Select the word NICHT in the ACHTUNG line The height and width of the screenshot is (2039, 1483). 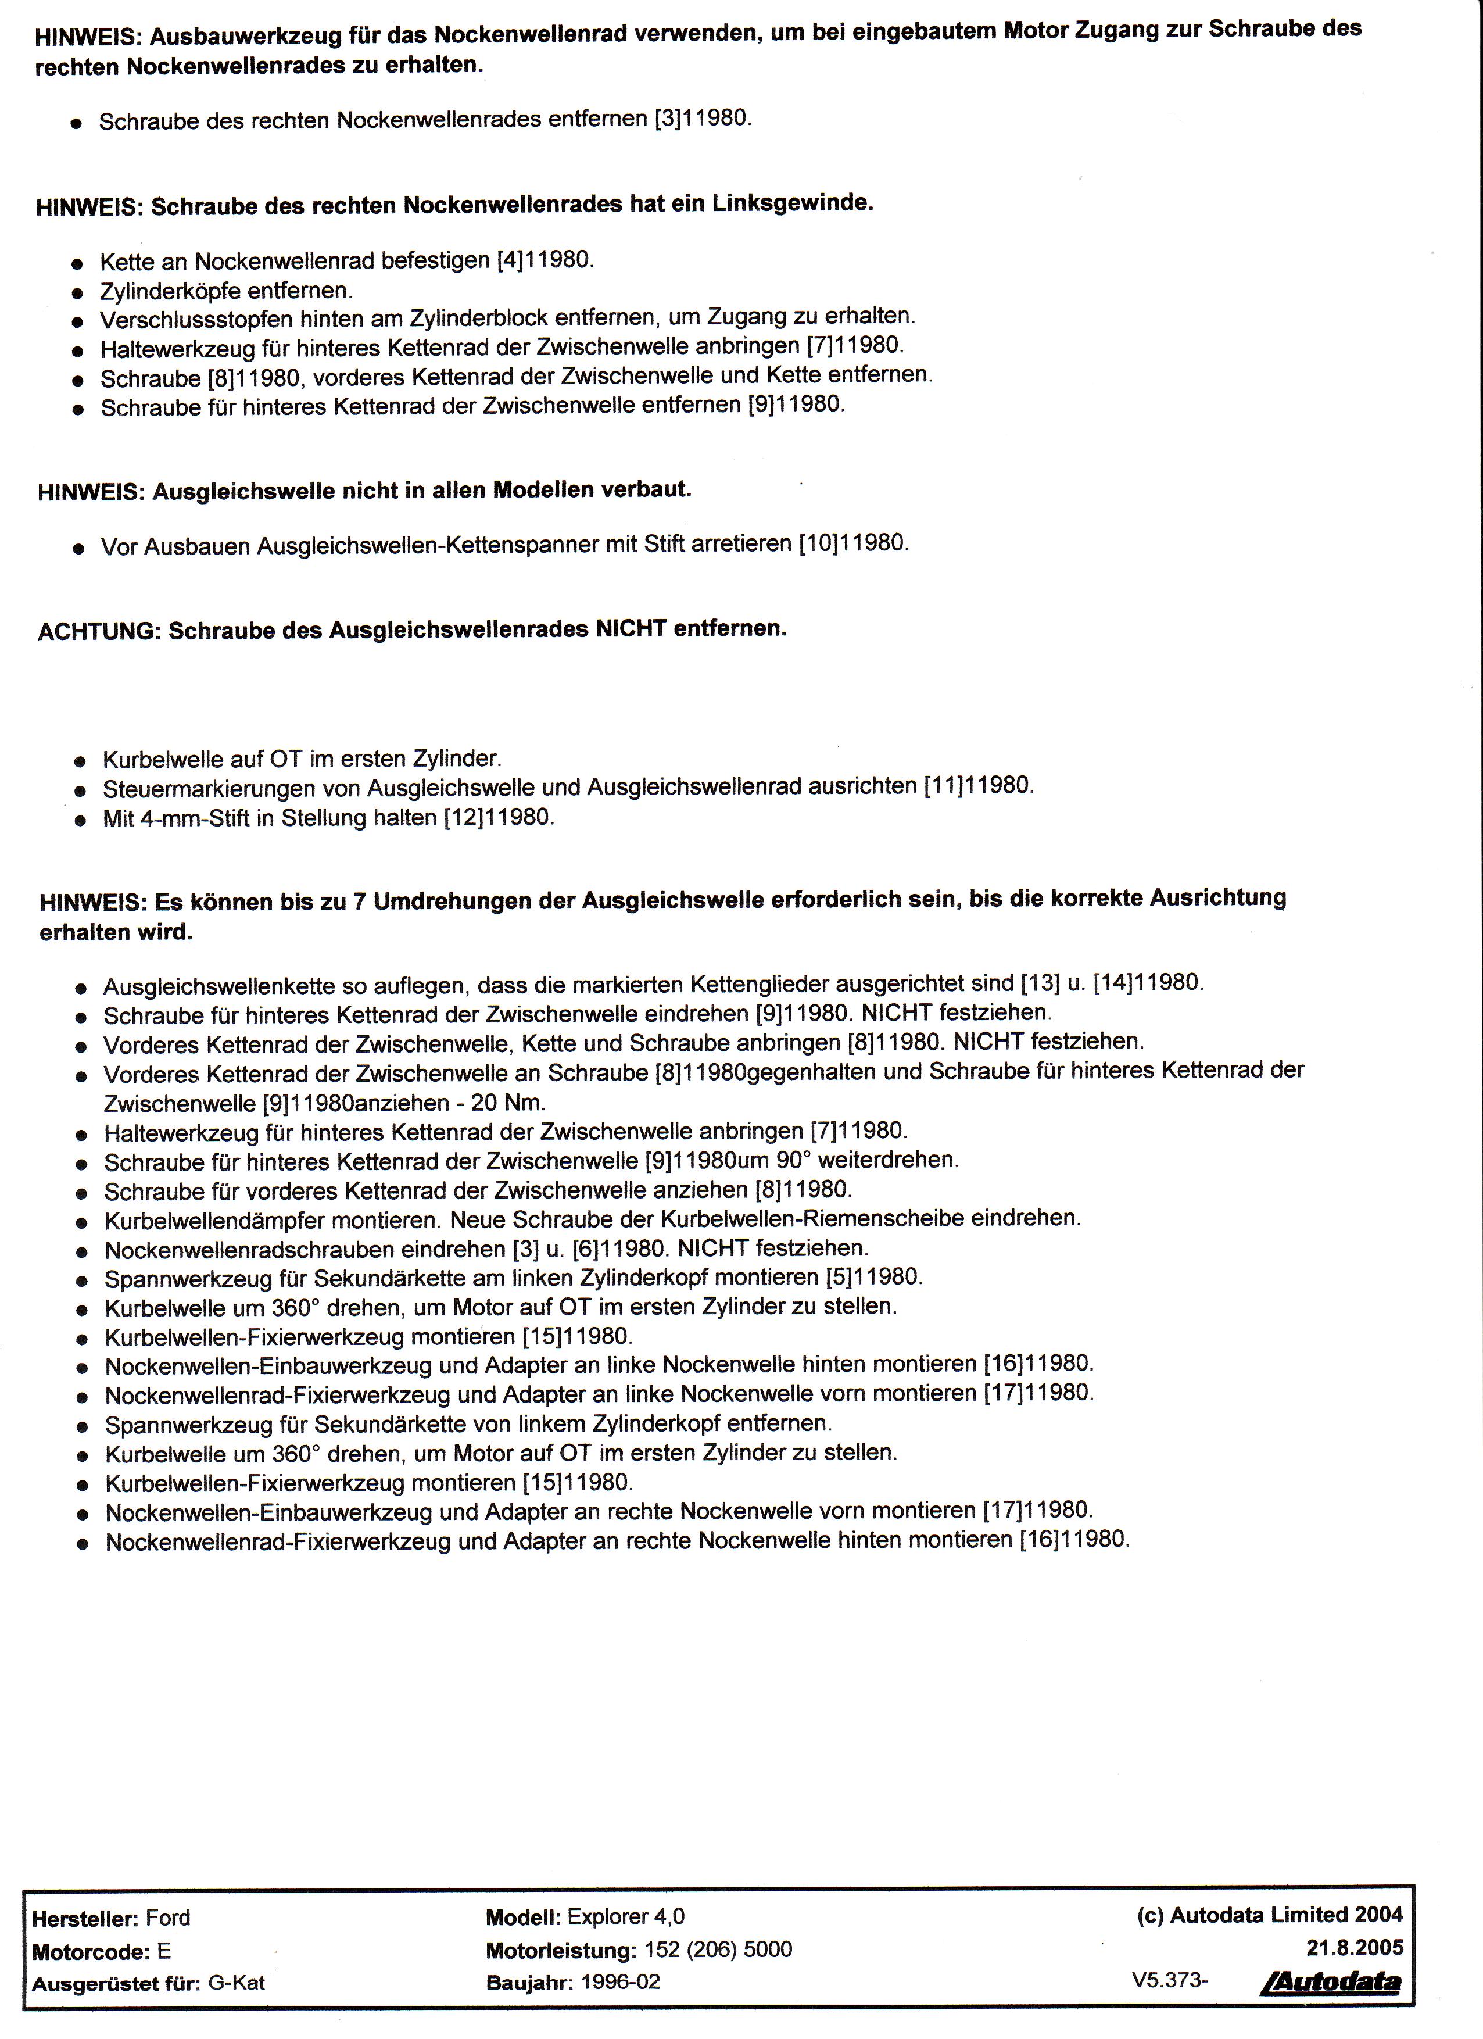click(x=630, y=628)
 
